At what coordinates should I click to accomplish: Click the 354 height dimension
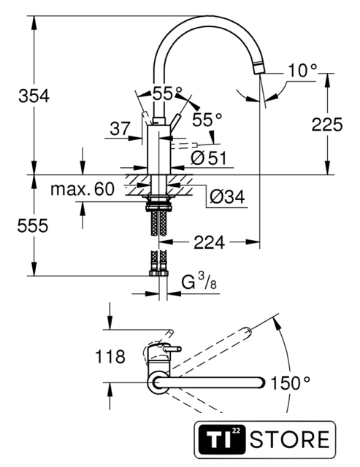point(34,96)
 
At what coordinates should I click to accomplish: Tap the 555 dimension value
point(32,225)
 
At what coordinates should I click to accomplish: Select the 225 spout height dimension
point(327,125)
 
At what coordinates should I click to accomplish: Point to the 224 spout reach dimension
point(209,242)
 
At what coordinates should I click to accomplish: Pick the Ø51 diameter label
point(209,158)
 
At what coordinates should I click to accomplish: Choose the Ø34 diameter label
point(227,196)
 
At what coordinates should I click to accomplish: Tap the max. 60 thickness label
point(83,189)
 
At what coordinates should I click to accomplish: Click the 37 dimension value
point(120,128)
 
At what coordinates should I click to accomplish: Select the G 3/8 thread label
point(199,282)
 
